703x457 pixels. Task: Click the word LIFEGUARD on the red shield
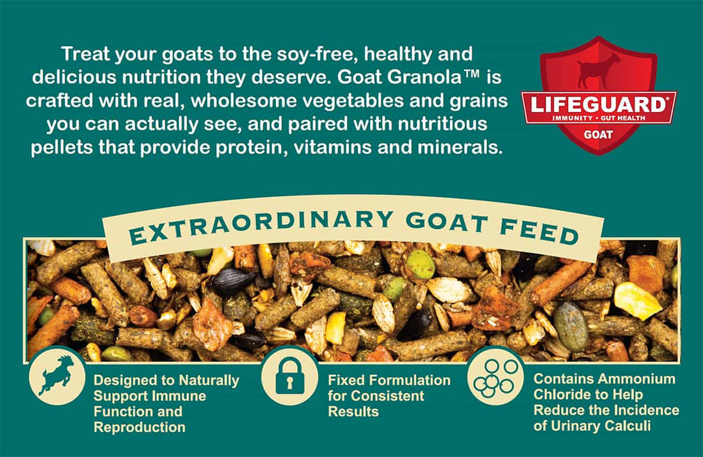point(598,105)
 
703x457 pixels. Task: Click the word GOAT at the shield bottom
point(598,135)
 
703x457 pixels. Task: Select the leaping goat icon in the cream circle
point(57,376)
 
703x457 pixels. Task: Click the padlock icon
point(290,376)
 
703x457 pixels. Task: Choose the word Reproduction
point(139,427)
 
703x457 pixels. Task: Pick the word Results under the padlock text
point(353,411)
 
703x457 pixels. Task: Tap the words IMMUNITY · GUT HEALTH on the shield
point(599,118)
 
